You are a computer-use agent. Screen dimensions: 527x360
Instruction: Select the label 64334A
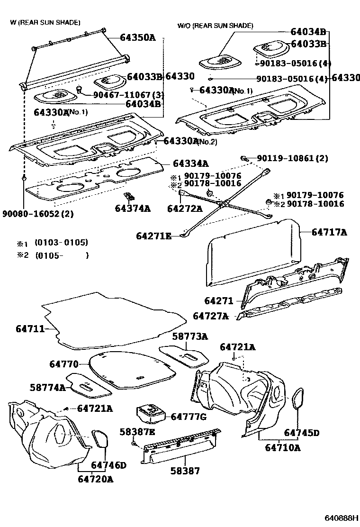coord(190,164)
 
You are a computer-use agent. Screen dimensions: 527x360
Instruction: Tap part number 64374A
coord(133,208)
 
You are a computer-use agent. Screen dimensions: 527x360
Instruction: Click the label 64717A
coord(329,232)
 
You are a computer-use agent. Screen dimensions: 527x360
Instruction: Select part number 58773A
coord(190,336)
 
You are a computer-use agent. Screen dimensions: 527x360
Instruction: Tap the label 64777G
coord(189,417)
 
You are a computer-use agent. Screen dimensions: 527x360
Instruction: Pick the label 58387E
coord(137,432)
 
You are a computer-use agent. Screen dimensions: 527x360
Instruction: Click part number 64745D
coord(302,433)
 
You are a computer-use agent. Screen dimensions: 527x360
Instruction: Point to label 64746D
coord(108,465)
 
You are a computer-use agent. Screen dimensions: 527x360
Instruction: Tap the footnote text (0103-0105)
coord(62,243)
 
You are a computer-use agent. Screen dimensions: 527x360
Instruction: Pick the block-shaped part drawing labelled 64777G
coord(150,414)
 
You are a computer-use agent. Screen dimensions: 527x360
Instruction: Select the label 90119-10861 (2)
coord(292,158)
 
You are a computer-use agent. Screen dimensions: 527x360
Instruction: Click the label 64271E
coord(154,236)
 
